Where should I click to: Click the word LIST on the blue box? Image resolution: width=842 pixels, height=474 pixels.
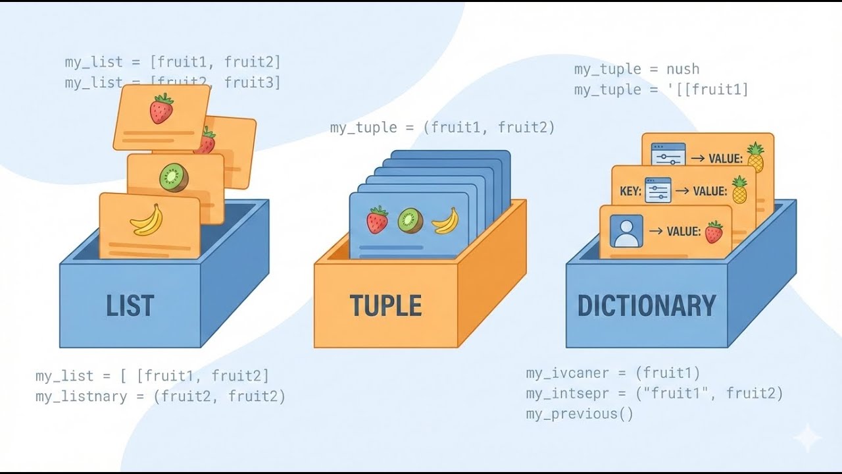pyautogui.click(x=130, y=306)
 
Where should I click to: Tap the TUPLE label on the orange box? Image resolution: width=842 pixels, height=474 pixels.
pyautogui.click(x=385, y=306)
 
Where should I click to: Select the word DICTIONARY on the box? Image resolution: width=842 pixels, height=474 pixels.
pyautogui.click(x=646, y=306)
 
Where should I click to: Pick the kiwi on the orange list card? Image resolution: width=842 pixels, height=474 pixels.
pyautogui.click(x=174, y=177)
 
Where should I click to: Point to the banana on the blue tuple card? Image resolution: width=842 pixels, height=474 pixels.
pyautogui.click(x=445, y=221)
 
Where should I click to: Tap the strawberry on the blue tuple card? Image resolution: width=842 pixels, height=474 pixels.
pyautogui.click(x=377, y=221)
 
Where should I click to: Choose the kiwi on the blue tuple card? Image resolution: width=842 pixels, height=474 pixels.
pyautogui.click(x=410, y=221)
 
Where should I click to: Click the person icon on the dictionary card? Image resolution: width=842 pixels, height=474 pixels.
pyautogui.click(x=626, y=231)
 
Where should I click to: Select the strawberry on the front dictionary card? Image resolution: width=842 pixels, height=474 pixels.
pyautogui.click(x=714, y=232)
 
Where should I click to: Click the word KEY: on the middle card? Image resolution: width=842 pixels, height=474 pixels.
pyautogui.click(x=630, y=192)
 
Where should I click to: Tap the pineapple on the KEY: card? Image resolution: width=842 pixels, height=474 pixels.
pyautogui.click(x=740, y=190)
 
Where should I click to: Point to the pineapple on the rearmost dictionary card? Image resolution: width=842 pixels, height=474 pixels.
pyautogui.click(x=755, y=157)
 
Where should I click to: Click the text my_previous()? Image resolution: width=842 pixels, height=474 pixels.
pyautogui.click(x=579, y=414)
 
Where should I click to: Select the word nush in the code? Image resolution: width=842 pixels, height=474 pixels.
pyautogui.click(x=683, y=69)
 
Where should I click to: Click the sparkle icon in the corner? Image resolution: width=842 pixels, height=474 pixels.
pyautogui.click(x=807, y=438)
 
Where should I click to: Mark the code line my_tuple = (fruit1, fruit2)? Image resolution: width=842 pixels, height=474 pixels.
pyautogui.click(x=442, y=128)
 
